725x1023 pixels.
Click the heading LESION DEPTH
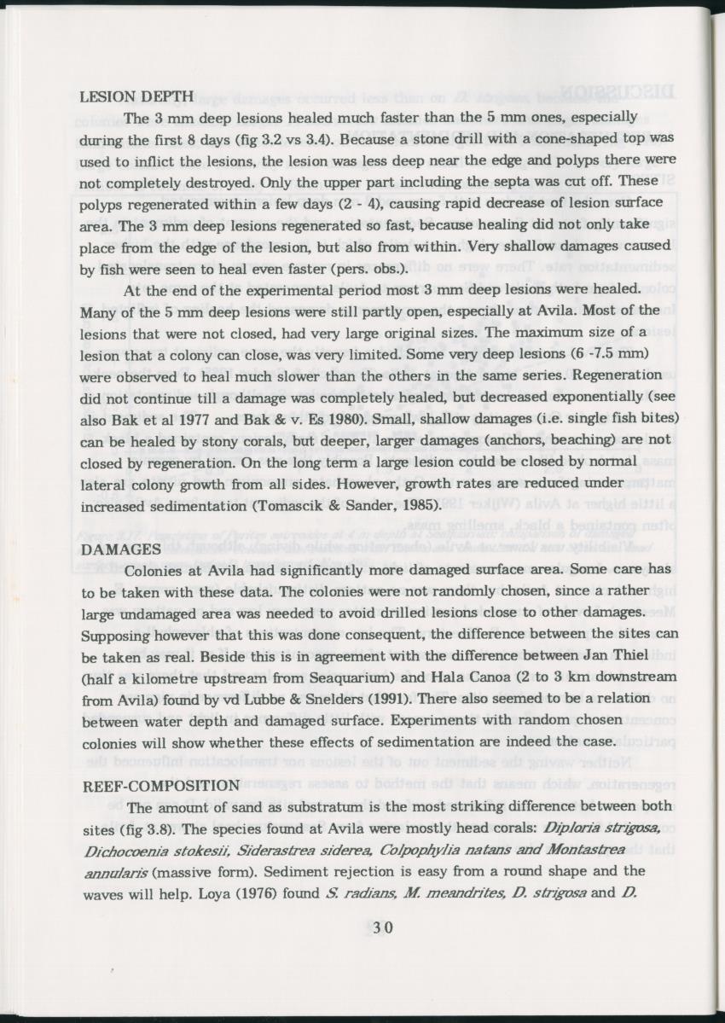click(x=136, y=97)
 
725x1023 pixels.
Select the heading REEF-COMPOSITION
click(x=160, y=785)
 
